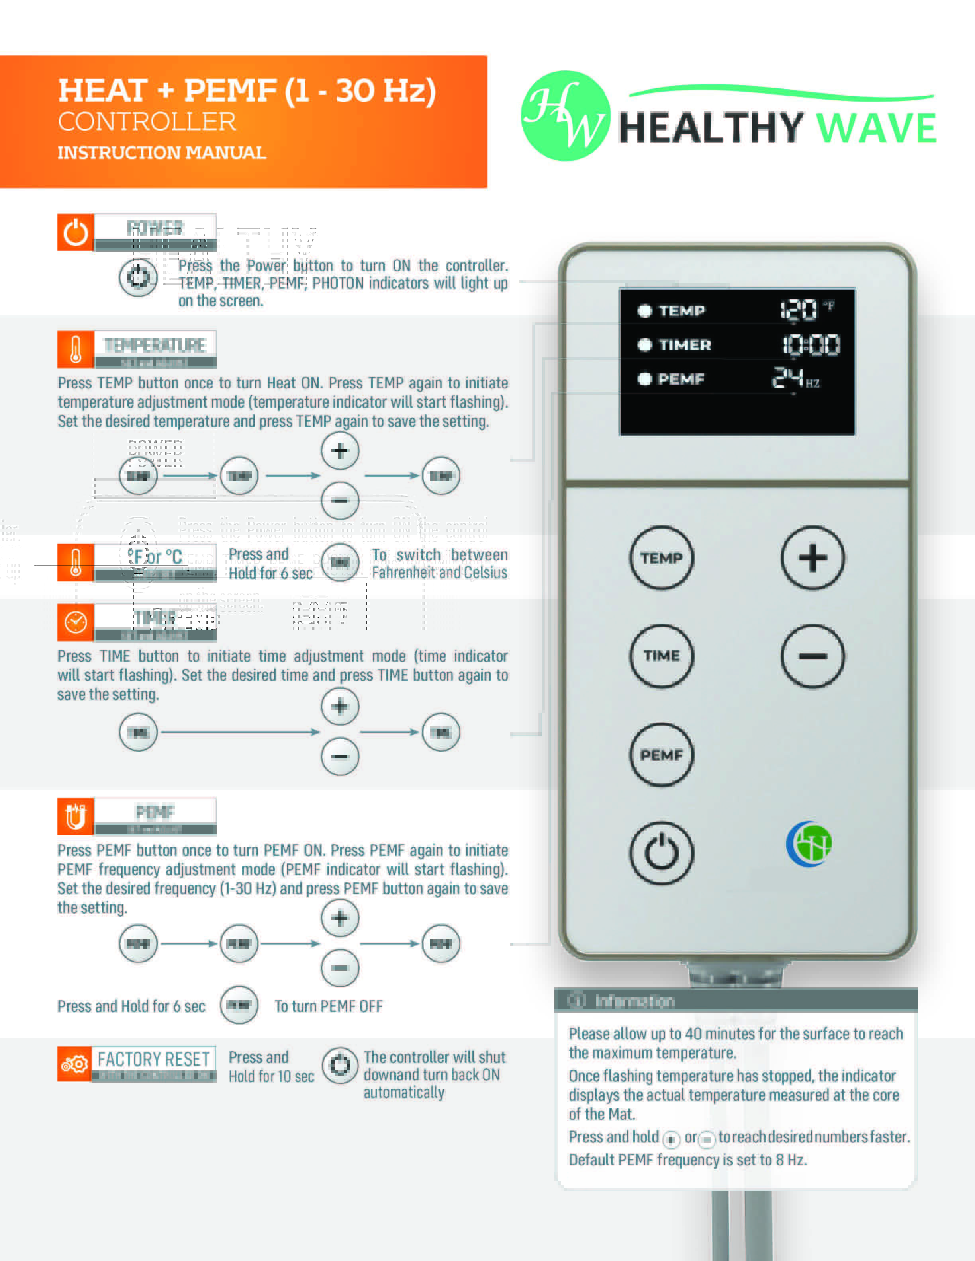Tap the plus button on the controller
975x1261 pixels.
812,558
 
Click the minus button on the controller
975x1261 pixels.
812,656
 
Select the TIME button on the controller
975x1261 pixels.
662,656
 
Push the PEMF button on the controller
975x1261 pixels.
662,755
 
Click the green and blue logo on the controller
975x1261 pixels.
809,843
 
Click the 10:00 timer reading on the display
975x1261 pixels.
811,345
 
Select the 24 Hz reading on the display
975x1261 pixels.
795,379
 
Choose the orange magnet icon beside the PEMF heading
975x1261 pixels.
76,816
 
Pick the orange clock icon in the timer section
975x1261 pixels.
76,623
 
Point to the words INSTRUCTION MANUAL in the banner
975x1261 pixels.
162,153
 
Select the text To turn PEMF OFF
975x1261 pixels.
328,1006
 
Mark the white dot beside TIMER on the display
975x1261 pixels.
644,345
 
